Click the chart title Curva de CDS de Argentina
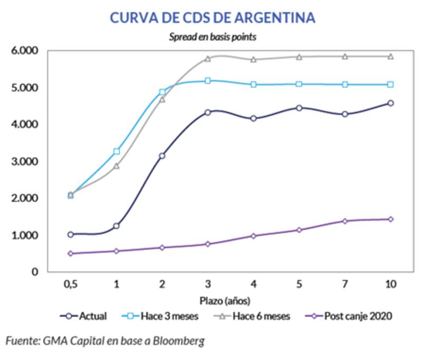pyautogui.click(x=212, y=17)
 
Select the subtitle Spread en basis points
pyautogui.click(x=213, y=37)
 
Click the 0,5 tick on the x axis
pyautogui.click(x=70, y=284)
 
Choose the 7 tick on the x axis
pyautogui.click(x=345, y=284)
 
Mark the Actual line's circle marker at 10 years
pyautogui.click(x=390, y=103)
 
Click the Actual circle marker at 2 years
pyautogui.click(x=162, y=155)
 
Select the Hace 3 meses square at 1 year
pyautogui.click(x=116, y=151)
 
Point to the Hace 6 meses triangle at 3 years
pyautogui.click(x=208, y=59)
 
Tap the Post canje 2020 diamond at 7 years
pyautogui.click(x=345, y=221)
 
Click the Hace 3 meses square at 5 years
pyautogui.click(x=299, y=84)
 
